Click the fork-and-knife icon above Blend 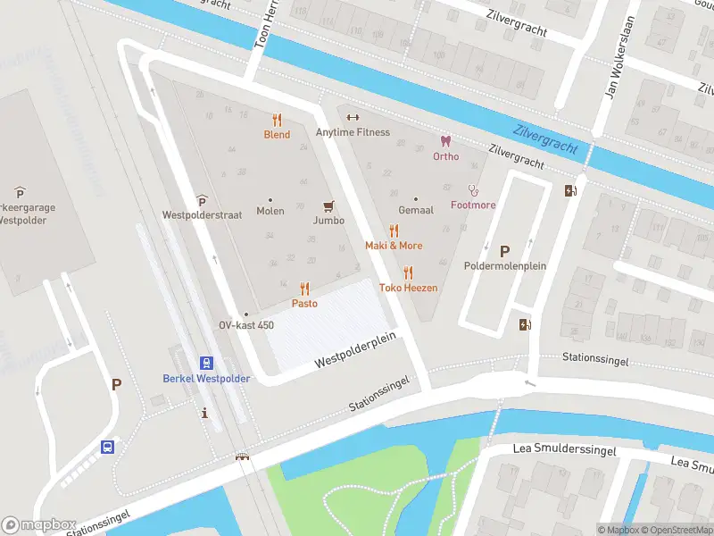coord(277,119)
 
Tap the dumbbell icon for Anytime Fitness coord(353,117)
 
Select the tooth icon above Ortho coord(445,141)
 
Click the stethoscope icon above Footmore coord(473,189)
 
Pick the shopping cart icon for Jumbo coord(328,205)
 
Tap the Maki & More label coord(394,246)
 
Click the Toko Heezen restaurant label coord(409,288)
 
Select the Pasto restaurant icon coord(304,289)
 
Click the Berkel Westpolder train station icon coord(206,363)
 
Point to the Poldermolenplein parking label coord(504,266)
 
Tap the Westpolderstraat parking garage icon coord(202,200)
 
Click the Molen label coord(270,212)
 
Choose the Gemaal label coord(415,211)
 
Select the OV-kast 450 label coord(246,326)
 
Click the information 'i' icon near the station coord(206,413)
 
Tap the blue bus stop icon coord(108,447)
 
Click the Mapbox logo coord(37,524)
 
